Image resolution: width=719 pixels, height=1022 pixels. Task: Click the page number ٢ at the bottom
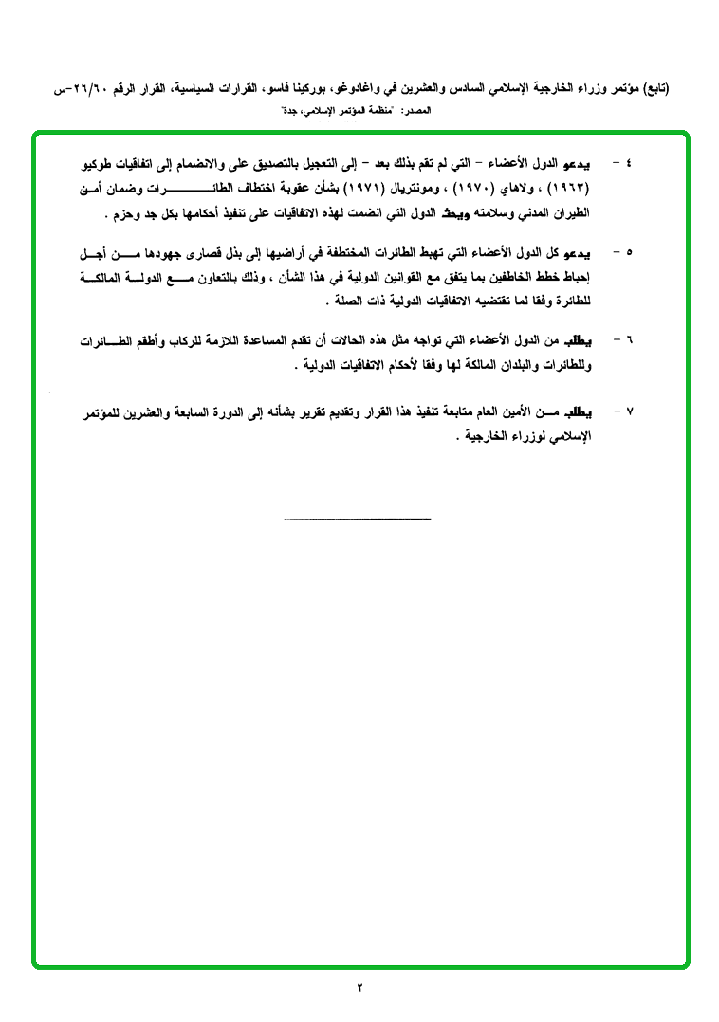(359, 987)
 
